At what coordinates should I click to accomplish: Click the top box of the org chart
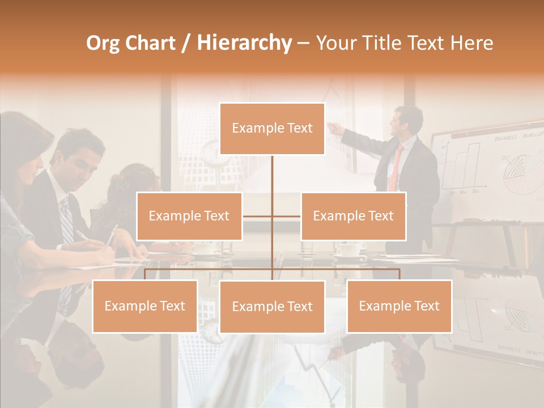click(x=272, y=129)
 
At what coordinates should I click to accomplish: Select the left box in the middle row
click(x=189, y=216)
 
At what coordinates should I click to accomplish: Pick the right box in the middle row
click(x=353, y=216)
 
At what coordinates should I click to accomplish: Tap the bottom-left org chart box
click(x=144, y=306)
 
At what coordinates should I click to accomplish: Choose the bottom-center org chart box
click(x=272, y=307)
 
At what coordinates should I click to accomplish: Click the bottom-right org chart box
click(x=399, y=306)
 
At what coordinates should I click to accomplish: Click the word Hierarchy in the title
click(x=244, y=43)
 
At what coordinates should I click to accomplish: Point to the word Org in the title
click(x=103, y=43)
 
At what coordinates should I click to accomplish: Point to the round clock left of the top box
click(x=211, y=152)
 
